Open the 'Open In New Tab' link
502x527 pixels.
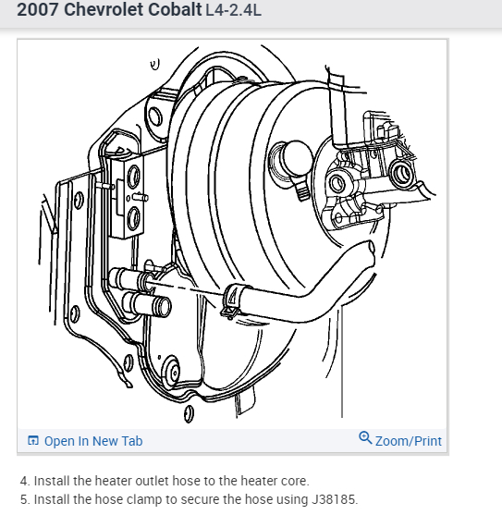pyautogui.click(x=92, y=441)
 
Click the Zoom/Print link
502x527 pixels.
pyautogui.click(x=408, y=441)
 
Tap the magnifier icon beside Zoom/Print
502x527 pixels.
pyautogui.click(x=365, y=439)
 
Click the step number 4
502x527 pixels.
pyautogui.click(x=24, y=482)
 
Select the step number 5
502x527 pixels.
pyautogui.click(x=24, y=500)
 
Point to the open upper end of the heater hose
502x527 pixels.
pyautogui.click(x=369, y=250)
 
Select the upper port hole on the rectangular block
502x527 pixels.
pyautogui.click(x=135, y=175)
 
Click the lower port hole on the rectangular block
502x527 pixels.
pyautogui.click(x=135, y=217)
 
